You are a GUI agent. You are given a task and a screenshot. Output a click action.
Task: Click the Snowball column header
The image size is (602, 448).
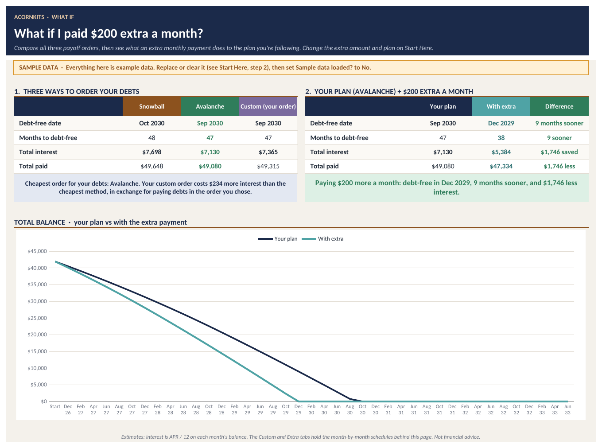[x=152, y=106]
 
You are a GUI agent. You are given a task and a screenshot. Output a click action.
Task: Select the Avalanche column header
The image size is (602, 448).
[x=210, y=106]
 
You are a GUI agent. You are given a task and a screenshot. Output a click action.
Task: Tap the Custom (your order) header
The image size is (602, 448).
[x=268, y=106]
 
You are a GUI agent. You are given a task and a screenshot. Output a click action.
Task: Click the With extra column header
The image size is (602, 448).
[x=501, y=106]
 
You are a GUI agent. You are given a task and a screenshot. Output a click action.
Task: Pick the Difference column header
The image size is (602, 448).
[x=559, y=106]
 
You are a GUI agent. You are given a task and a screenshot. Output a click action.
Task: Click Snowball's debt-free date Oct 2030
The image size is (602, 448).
[x=152, y=123]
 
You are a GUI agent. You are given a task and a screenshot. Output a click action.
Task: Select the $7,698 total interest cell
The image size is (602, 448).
[x=152, y=152]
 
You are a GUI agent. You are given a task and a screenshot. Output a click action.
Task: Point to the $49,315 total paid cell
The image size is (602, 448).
[x=268, y=166]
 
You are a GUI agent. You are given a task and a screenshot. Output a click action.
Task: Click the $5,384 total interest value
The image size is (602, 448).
[x=501, y=152]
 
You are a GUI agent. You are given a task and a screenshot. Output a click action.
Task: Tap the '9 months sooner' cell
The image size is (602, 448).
[x=559, y=123]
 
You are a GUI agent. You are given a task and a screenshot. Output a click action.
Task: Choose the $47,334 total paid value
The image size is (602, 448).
[x=501, y=166]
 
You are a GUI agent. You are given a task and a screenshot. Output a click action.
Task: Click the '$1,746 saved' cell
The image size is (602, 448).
[x=559, y=152]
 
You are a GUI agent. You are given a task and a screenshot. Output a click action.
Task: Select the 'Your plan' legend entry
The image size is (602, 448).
[x=277, y=239]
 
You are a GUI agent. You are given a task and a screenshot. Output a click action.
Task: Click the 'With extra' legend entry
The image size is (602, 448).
[x=322, y=239]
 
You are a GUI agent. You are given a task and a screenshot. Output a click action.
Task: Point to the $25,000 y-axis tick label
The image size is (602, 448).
[x=37, y=318]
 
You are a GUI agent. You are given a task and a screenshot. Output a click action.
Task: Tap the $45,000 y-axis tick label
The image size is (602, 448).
[x=37, y=251]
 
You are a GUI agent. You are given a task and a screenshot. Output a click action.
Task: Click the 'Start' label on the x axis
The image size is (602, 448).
[x=55, y=406]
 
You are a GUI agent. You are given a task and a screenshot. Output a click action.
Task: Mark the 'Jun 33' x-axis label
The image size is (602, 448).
[x=567, y=409]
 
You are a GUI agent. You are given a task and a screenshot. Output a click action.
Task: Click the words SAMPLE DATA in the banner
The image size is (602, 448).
[x=39, y=67]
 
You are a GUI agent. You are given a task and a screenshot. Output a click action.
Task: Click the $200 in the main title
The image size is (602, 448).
[x=103, y=33]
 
